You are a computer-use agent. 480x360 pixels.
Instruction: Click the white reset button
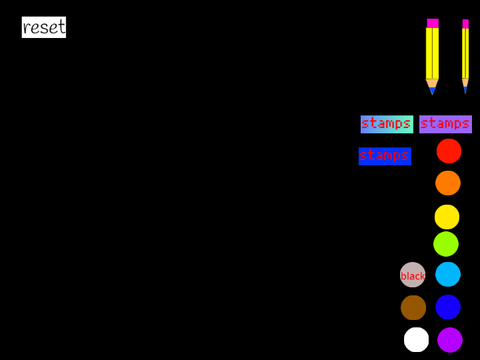[44, 27]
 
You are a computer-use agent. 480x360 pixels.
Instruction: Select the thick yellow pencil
[432, 57]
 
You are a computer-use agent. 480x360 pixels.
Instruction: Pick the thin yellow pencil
[465, 57]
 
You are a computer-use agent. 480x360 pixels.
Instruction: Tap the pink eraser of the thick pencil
[433, 23]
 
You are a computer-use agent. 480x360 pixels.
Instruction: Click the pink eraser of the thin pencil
[465, 24]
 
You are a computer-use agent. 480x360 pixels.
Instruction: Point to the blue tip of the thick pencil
[432, 91]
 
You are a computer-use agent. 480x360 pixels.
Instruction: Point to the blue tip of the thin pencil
[465, 90]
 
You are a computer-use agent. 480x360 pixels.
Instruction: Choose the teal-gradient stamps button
[387, 124]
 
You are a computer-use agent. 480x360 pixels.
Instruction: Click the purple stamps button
[446, 124]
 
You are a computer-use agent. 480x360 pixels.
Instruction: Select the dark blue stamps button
[385, 156]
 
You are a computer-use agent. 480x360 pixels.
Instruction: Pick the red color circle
[449, 151]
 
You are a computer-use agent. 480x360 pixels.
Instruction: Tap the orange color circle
[448, 183]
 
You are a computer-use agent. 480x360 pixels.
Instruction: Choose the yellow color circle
[447, 217]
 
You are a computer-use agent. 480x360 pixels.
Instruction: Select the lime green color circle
[446, 244]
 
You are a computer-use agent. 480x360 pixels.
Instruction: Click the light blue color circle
[448, 274]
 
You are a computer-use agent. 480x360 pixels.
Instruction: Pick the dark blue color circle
[448, 307]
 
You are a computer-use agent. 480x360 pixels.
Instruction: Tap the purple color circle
[450, 340]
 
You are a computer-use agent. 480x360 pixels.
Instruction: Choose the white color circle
[416, 340]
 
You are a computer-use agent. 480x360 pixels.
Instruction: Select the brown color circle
[413, 308]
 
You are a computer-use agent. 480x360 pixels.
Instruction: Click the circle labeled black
[413, 275]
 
